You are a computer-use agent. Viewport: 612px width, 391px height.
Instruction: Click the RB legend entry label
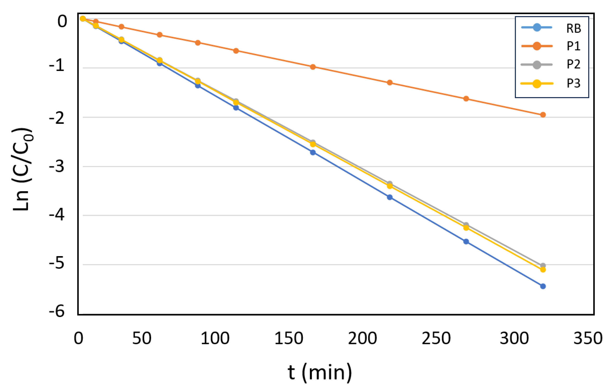click(573, 28)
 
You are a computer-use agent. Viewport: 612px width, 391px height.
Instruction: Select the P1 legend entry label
click(573, 46)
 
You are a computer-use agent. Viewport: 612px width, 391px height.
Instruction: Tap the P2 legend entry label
click(573, 64)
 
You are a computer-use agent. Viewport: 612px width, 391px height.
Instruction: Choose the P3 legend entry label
click(573, 83)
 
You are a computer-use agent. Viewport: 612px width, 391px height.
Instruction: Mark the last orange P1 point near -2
click(543, 115)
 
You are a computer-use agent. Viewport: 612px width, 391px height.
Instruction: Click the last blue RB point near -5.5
click(543, 286)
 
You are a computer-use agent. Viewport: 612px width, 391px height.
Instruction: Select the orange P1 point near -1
click(313, 67)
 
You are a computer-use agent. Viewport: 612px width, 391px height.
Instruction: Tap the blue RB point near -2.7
click(313, 153)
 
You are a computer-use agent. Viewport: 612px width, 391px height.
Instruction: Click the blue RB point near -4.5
click(466, 242)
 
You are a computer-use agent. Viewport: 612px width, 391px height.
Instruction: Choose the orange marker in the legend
click(537, 46)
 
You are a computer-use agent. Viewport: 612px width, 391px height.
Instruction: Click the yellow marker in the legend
click(537, 83)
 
